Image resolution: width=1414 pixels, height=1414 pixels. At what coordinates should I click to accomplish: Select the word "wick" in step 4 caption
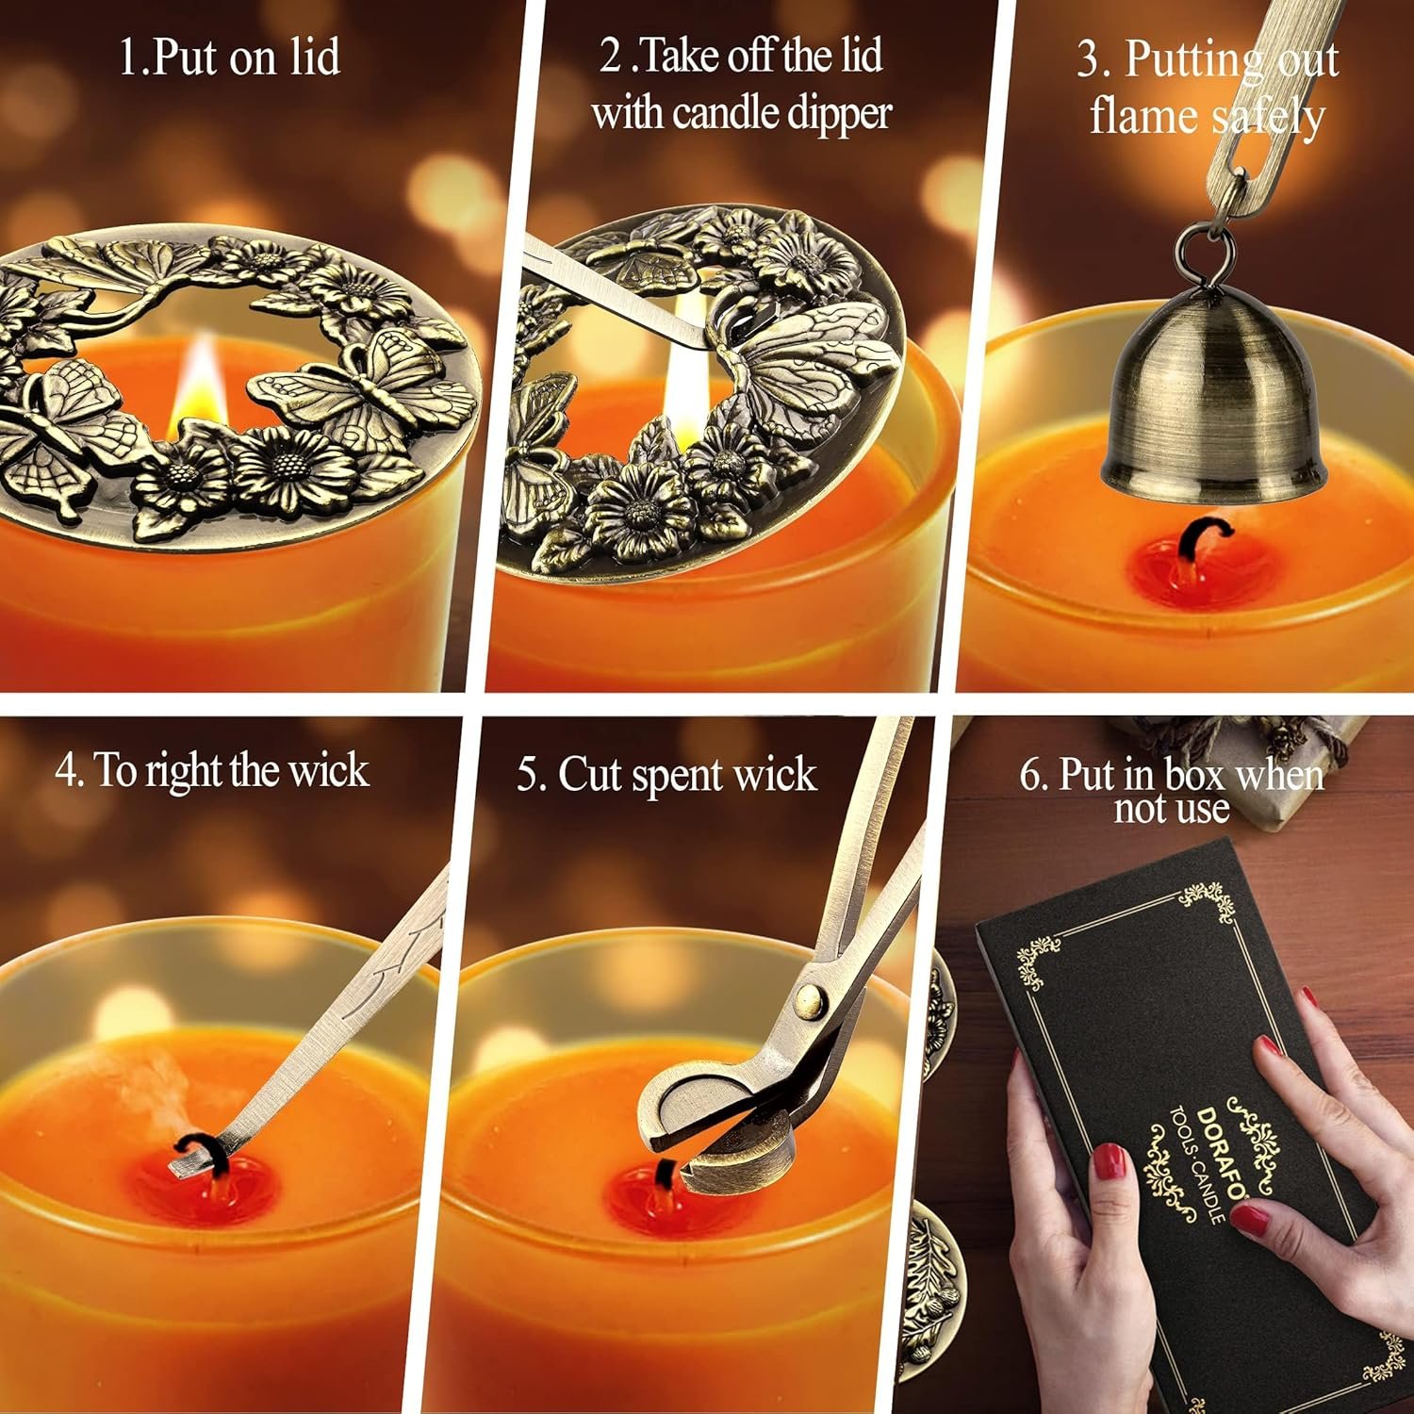click(328, 770)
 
